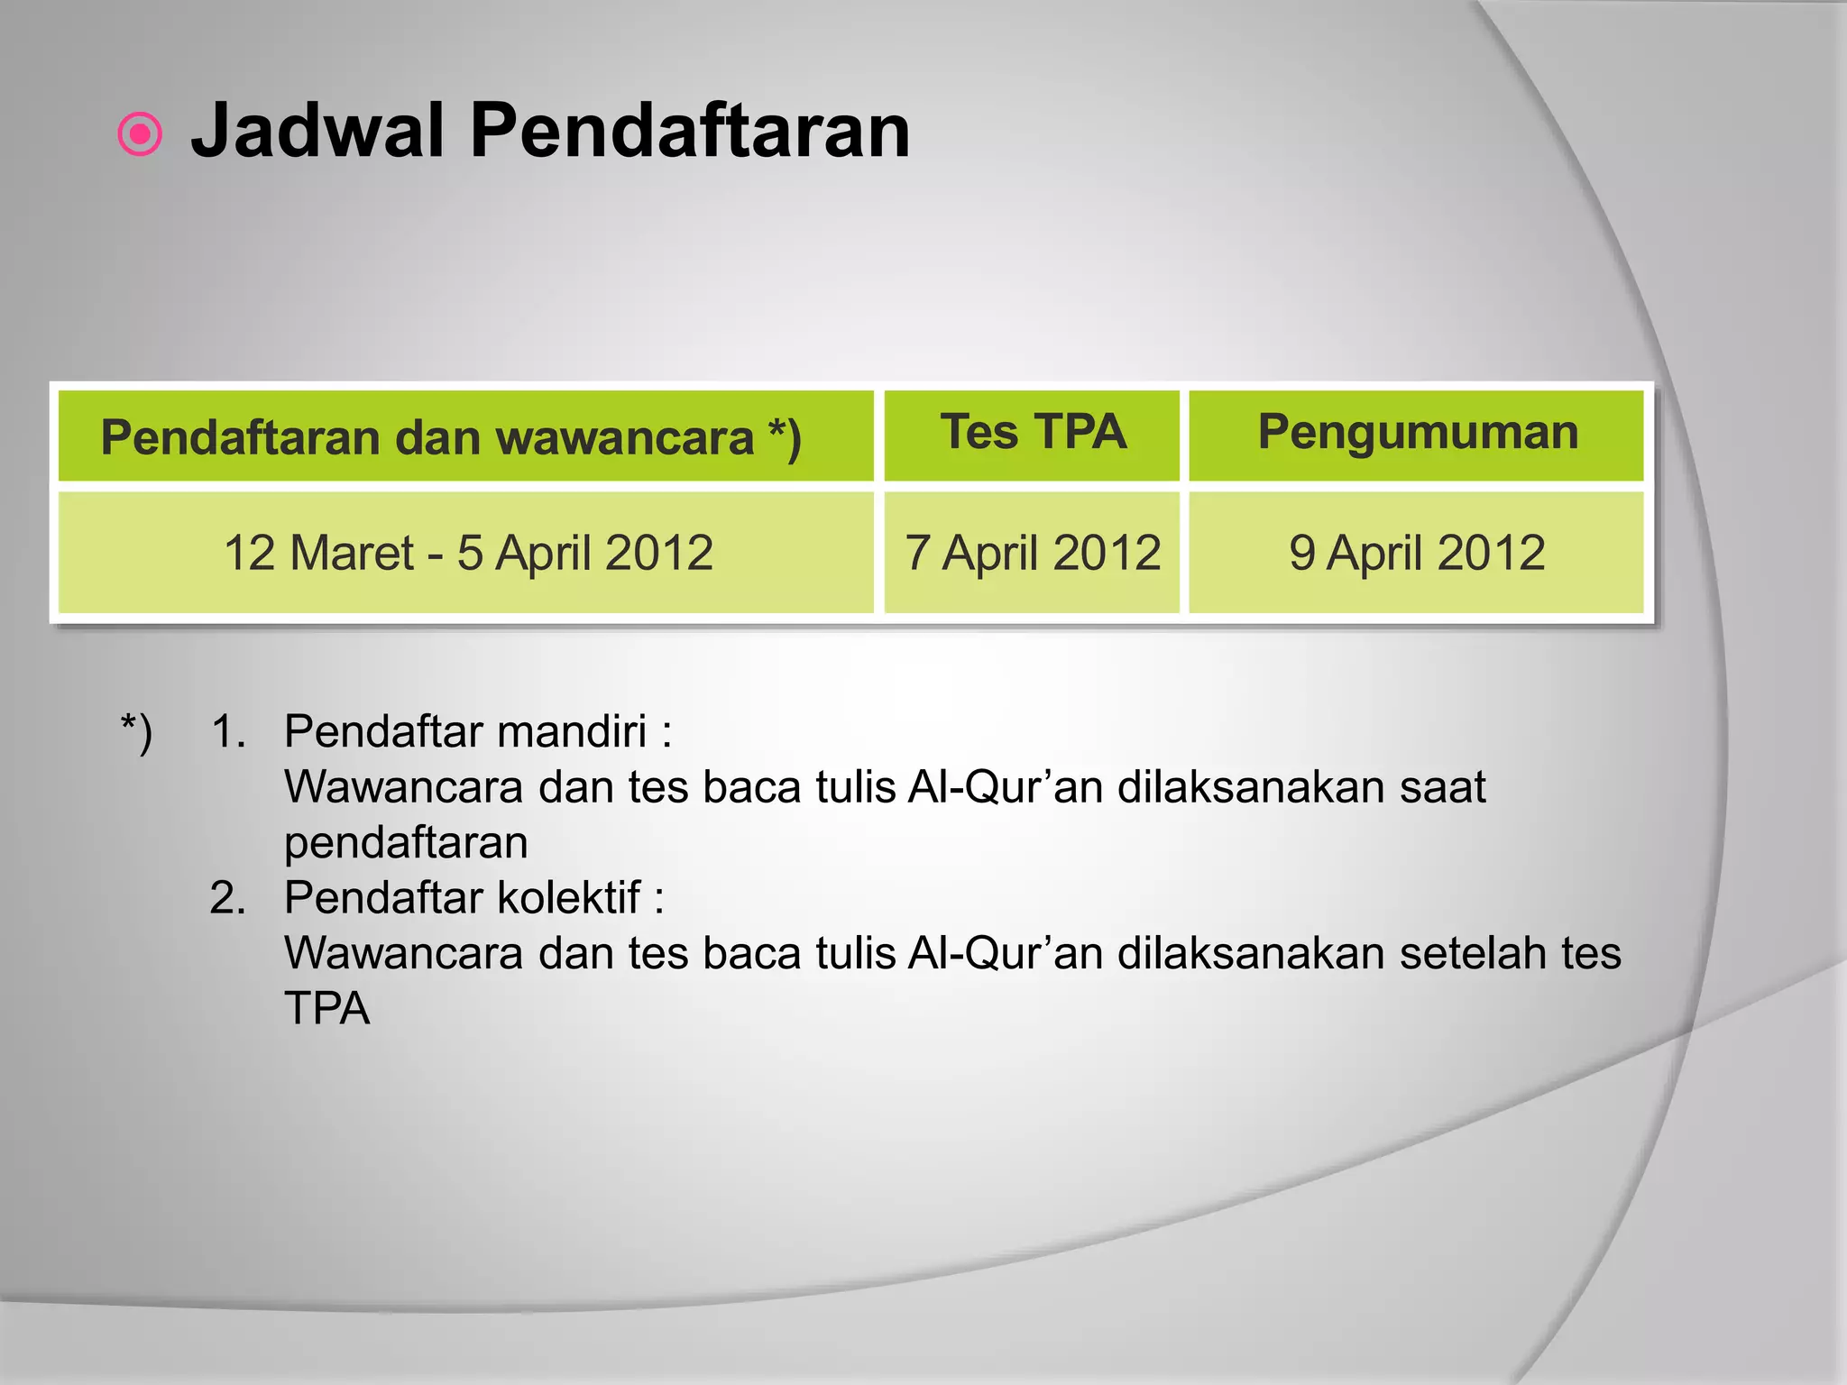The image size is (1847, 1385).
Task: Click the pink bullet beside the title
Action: (140, 135)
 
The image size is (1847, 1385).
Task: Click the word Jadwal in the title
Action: (317, 132)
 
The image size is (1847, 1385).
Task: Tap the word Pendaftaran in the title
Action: (689, 132)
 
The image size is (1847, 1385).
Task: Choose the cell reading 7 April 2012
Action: (1033, 553)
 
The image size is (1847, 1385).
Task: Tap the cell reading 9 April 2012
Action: (1417, 553)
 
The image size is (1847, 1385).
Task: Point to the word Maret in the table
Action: (352, 553)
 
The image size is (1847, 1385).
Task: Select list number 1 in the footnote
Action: (227, 732)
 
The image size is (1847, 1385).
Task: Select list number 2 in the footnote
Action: (227, 899)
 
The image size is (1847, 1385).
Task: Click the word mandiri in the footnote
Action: (571, 732)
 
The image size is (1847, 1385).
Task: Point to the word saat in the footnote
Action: (1442, 788)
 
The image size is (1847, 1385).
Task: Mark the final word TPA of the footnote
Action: (326, 1009)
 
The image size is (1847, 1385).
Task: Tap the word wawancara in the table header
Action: (625, 438)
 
